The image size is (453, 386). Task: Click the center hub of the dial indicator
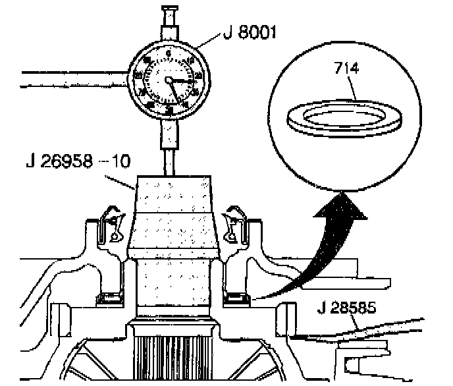click(x=169, y=80)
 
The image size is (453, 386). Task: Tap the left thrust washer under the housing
click(x=108, y=300)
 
